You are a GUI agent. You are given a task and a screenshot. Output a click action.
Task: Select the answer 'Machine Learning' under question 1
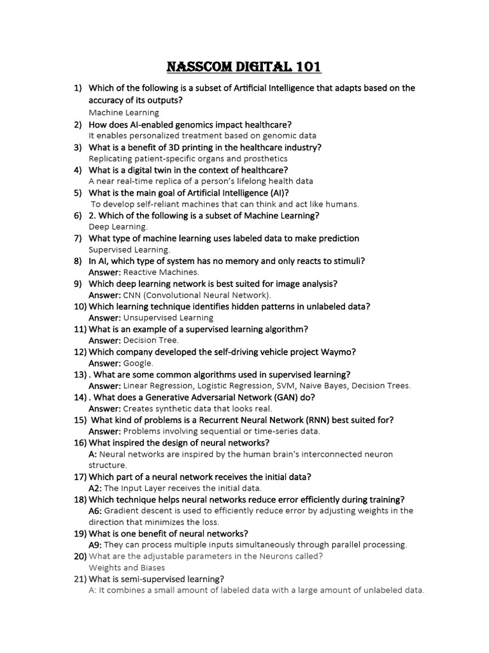[124, 113]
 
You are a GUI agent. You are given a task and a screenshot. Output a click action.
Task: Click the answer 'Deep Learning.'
[118, 226]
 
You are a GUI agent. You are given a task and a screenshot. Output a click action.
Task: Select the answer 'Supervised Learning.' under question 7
[129, 249]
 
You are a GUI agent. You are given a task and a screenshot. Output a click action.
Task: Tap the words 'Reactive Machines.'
[152, 272]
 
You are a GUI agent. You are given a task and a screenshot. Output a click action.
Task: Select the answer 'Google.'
[138, 363]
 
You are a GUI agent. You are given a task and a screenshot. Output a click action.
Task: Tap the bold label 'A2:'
[95, 488]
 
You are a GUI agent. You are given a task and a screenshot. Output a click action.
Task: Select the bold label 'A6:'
[95, 511]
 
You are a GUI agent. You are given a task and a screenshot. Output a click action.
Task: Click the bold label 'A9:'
[95, 545]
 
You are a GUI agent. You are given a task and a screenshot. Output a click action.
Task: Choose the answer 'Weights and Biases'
[127, 568]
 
